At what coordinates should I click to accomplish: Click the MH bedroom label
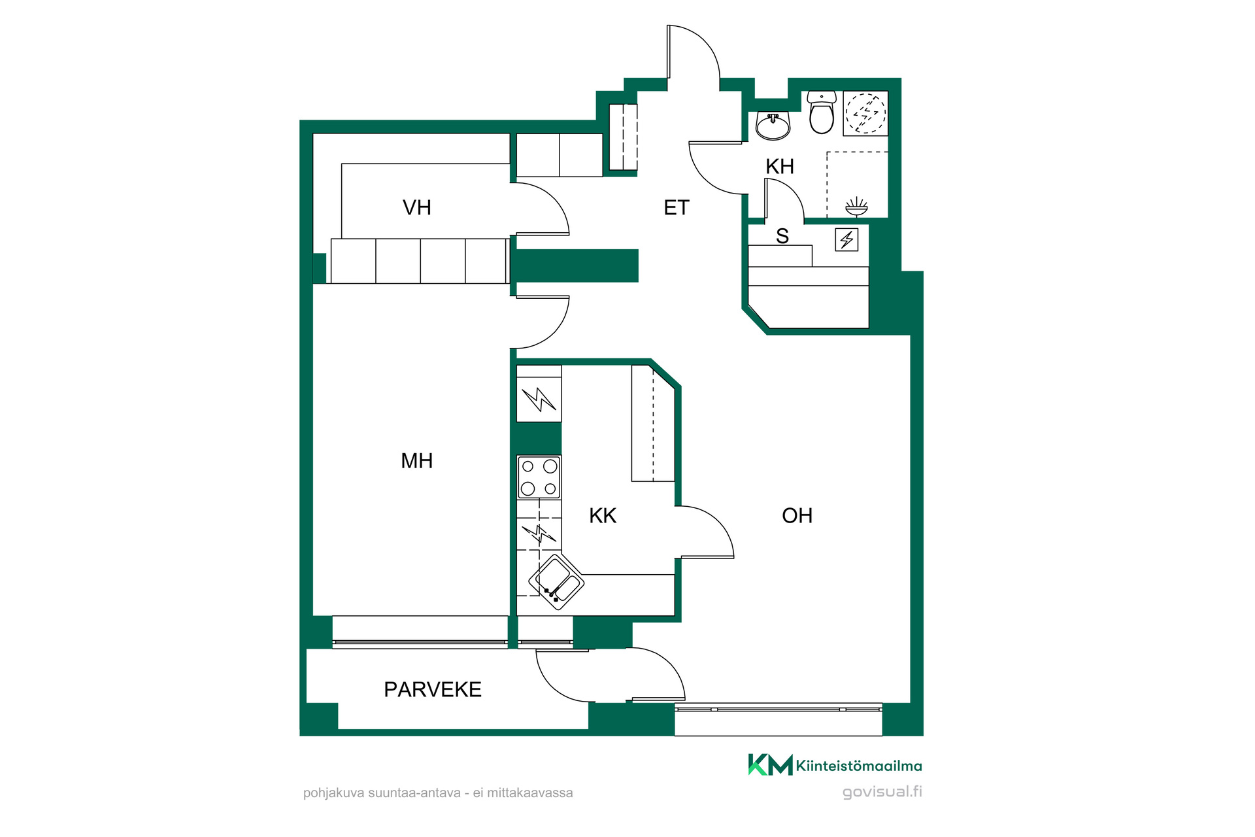(x=416, y=461)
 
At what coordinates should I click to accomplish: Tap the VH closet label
(x=416, y=208)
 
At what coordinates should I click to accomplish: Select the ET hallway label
(x=677, y=208)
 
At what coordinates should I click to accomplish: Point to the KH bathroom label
(x=780, y=167)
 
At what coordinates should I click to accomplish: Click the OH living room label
(x=797, y=516)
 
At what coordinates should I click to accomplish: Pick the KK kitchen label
(x=603, y=516)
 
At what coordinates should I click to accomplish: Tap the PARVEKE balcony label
(x=433, y=689)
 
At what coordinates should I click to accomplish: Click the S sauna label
(x=782, y=236)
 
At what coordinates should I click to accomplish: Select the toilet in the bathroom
(x=822, y=112)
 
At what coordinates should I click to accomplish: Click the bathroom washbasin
(x=773, y=125)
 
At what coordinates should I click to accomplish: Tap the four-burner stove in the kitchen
(x=539, y=477)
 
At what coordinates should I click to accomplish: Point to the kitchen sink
(x=556, y=582)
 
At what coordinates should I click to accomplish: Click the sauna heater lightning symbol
(x=847, y=239)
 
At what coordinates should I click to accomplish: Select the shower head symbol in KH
(x=856, y=207)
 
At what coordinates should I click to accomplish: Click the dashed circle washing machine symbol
(x=866, y=113)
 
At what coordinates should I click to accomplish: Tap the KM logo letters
(x=771, y=764)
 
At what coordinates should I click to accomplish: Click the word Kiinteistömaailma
(x=859, y=766)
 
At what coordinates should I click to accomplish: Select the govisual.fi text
(x=882, y=792)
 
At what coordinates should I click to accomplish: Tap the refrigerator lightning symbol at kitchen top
(x=539, y=399)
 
